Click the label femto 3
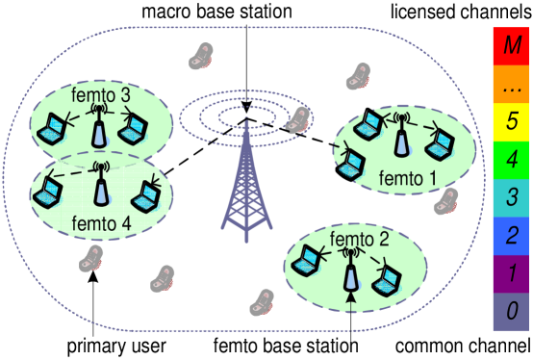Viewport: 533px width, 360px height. [101, 95]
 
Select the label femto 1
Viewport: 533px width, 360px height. [407, 177]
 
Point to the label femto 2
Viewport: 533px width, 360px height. [358, 239]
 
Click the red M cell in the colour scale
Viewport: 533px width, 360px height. [511, 45]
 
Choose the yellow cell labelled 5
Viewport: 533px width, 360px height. [511, 121]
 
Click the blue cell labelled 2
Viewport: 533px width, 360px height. [511, 235]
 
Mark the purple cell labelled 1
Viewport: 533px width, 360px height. [511, 273]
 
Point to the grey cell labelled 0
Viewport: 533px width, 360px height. [511, 311]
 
